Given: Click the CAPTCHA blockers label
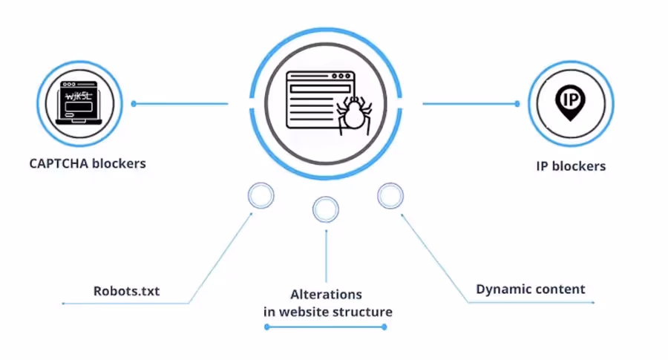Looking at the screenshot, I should point(88,163).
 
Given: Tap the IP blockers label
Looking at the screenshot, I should point(571,166).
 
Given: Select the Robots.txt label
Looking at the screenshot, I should point(127,291).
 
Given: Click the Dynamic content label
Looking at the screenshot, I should point(531,289).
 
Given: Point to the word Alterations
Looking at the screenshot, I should point(327,294).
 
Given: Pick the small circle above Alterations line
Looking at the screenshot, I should point(326,210).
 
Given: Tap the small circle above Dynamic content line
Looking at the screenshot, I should point(390,196).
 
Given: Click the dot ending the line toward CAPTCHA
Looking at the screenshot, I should point(134,104).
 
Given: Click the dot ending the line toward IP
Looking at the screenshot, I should point(517,104).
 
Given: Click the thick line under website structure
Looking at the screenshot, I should point(327,327).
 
